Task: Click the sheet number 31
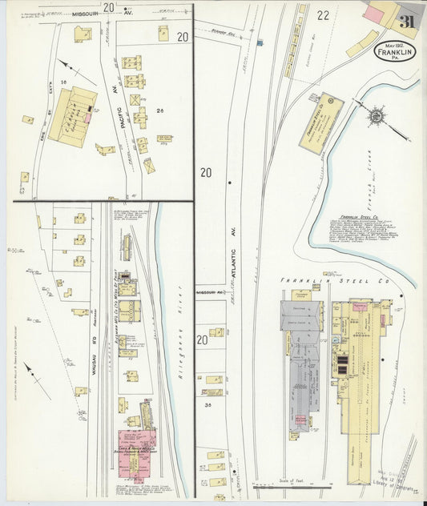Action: point(407,22)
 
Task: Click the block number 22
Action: point(323,15)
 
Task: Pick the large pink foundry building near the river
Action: point(137,445)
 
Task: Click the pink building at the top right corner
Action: point(373,14)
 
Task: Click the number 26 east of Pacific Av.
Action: point(160,110)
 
